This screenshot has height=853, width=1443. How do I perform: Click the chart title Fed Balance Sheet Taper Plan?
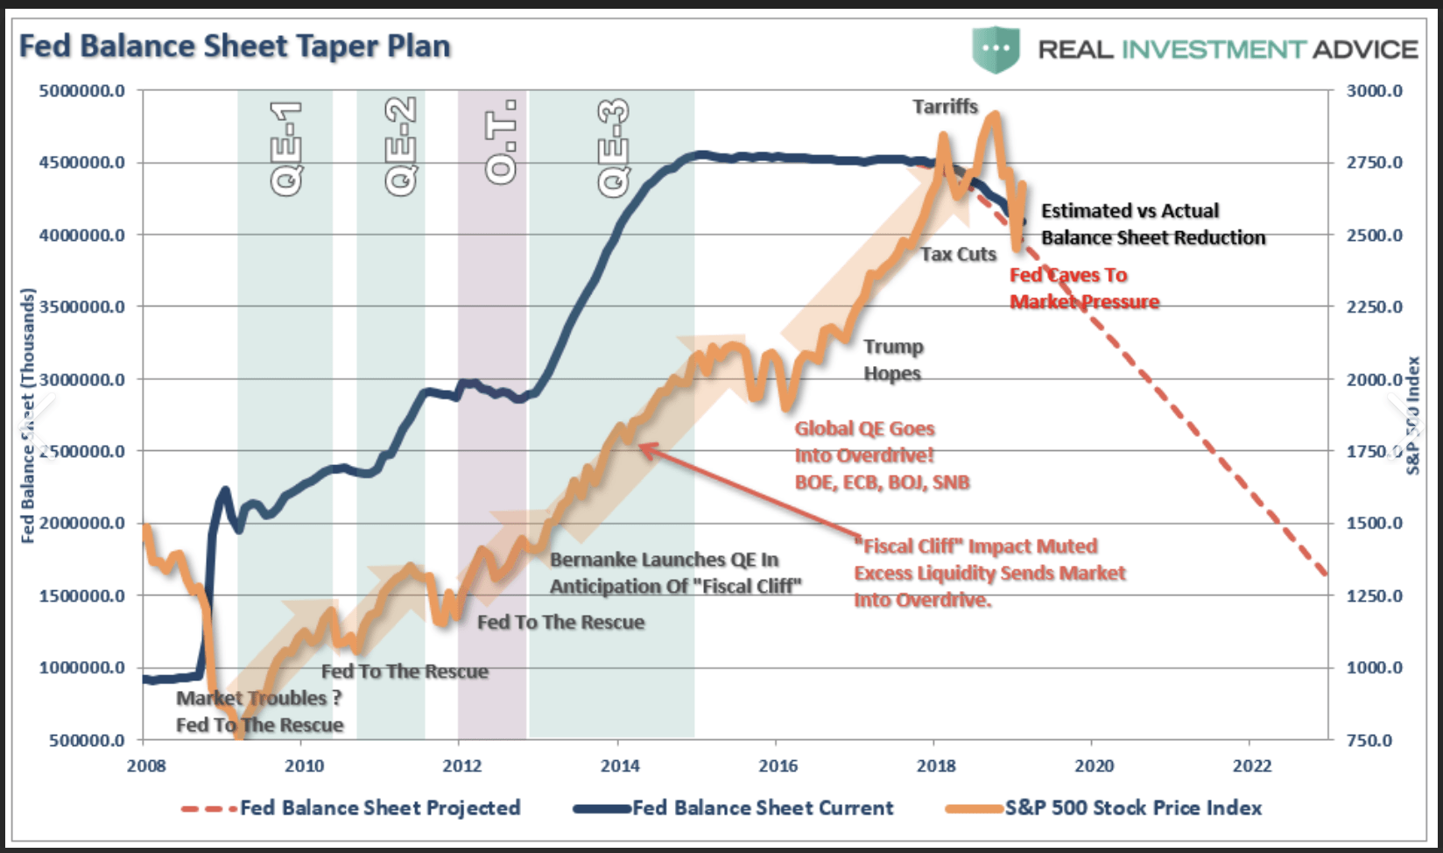tap(235, 46)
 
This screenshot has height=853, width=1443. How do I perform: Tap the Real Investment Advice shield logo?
tap(996, 49)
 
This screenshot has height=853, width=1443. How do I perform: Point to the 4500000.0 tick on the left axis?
tap(81, 162)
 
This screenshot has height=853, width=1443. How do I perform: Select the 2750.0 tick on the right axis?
tap(1374, 162)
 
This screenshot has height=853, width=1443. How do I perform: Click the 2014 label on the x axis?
tap(620, 766)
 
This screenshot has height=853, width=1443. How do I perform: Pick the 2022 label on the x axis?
tap(1252, 766)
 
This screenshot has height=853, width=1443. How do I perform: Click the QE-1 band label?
tap(286, 147)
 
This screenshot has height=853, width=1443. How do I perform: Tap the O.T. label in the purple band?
tap(502, 142)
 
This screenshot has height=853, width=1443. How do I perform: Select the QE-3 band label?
tap(614, 147)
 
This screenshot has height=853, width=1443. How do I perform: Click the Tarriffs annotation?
tap(945, 107)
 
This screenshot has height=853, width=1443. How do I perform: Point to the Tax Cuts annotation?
tap(958, 254)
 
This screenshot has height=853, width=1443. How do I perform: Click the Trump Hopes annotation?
tap(893, 360)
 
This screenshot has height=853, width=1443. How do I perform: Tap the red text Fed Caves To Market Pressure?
tap(1084, 288)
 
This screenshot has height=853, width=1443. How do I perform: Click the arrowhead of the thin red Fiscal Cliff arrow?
tap(641, 447)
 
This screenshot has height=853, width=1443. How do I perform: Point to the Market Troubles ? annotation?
tap(258, 698)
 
